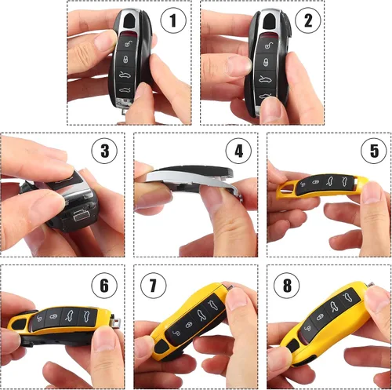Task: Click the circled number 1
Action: (173, 20)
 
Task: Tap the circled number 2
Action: (308, 20)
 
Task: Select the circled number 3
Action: (104, 151)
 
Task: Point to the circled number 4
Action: (238, 151)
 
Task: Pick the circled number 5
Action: (374, 151)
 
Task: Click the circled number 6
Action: (104, 286)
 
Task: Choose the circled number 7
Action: (153, 286)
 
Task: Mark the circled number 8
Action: (287, 286)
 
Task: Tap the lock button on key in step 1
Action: (126, 60)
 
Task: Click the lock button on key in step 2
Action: (266, 63)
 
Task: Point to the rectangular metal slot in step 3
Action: (81, 216)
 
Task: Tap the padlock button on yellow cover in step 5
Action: (316, 182)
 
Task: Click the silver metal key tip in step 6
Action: (115, 321)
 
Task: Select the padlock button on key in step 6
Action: (54, 316)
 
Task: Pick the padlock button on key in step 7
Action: (189, 325)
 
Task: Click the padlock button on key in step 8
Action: (320, 317)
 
